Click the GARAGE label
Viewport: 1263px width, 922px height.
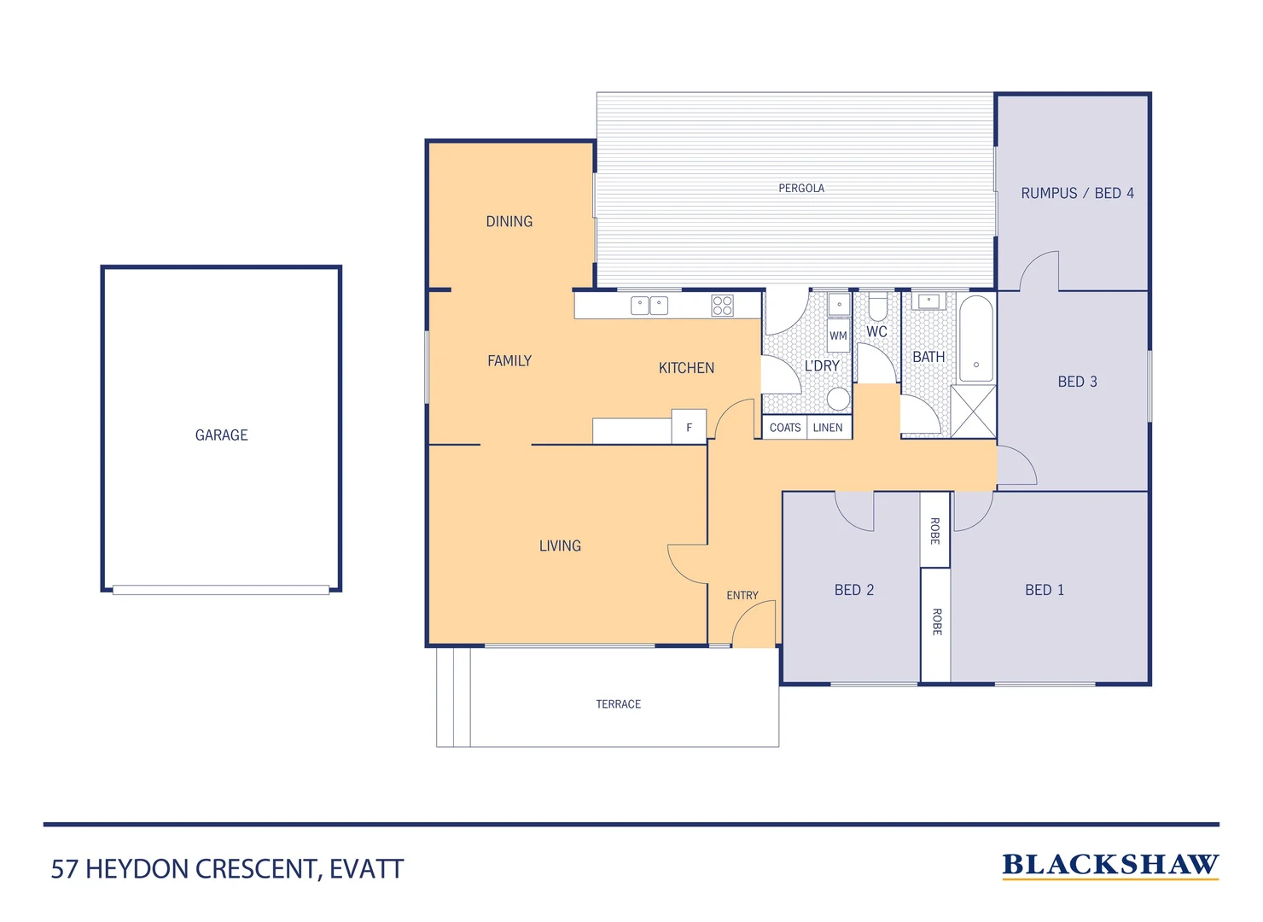221,435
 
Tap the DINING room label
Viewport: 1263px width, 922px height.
509,222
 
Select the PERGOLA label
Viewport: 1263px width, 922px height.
801,189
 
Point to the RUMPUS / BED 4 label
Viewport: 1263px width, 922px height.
1077,194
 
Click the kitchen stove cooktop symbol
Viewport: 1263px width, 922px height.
722,306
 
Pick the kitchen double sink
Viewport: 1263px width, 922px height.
649,306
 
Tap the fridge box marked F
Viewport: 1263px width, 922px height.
689,428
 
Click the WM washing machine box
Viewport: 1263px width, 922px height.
838,336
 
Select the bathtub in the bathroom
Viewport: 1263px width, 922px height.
976,338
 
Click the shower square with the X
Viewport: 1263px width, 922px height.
974,411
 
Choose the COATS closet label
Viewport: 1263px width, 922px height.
785,428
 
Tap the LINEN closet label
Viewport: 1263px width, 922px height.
828,428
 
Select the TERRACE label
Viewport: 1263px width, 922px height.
618,704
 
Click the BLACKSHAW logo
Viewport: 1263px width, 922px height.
1110,865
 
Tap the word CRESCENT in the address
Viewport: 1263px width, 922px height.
258,869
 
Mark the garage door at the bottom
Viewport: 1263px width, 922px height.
221,590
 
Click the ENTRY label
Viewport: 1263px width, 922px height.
742,596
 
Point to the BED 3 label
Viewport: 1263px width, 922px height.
1077,382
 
